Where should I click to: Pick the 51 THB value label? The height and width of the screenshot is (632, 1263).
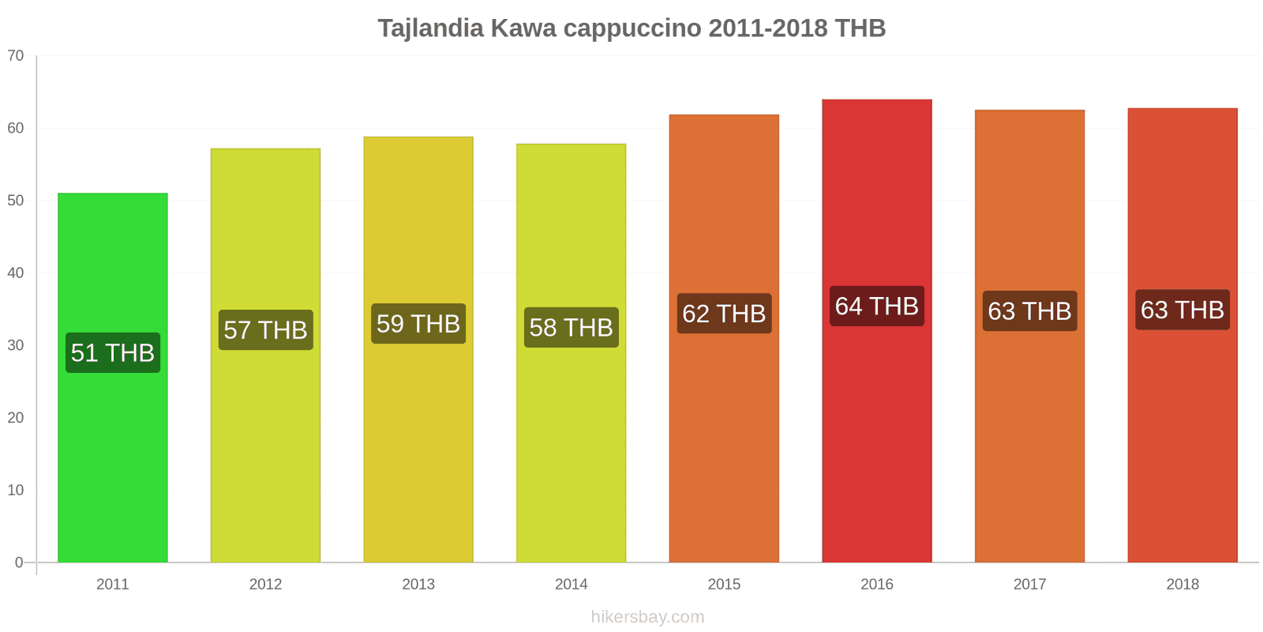113,352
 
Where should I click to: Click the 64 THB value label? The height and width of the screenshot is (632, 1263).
876,306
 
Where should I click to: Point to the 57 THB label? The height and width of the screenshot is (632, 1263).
265,329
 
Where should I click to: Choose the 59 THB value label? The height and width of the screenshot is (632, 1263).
418,324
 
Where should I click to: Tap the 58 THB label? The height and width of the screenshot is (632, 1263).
571,327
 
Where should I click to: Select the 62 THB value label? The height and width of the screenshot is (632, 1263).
724,314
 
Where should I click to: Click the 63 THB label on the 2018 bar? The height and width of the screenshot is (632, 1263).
1182,310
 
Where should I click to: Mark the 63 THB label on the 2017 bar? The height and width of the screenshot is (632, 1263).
1029,311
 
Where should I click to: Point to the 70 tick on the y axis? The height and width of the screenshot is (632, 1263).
16,55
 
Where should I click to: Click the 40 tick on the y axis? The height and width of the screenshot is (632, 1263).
16,273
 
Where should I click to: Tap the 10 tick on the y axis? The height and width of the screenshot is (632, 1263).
16,490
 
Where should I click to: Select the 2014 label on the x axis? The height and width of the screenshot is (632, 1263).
571,584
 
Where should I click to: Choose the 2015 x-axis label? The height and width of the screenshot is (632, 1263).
724,584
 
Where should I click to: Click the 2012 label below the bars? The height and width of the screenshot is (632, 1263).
265,584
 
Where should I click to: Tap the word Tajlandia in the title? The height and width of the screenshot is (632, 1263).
430,28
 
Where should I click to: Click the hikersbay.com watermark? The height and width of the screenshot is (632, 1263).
647,617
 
